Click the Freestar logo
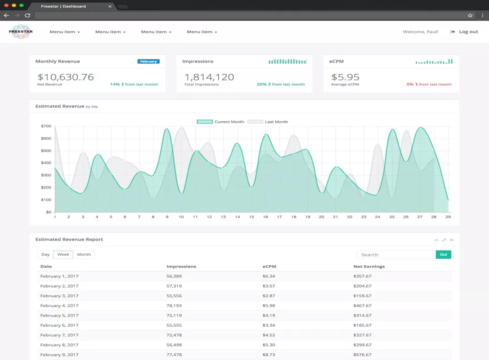pyautogui.click(x=20, y=32)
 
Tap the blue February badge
pyautogui.click(x=148, y=61)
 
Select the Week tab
pyautogui.click(x=63, y=254)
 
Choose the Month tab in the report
pyautogui.click(x=84, y=254)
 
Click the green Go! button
pyautogui.click(x=444, y=255)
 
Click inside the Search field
pyautogui.click(x=397, y=255)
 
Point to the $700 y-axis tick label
pyautogui.click(x=46, y=126)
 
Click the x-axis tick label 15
pyautogui.click(x=251, y=216)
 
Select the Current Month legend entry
pyautogui.click(x=220, y=122)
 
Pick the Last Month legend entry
pyautogui.click(x=268, y=122)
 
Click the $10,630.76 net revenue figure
pyautogui.click(x=65, y=77)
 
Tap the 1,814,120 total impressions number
pyautogui.click(x=209, y=77)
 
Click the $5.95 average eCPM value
pyautogui.click(x=345, y=77)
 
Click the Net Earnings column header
pyautogui.click(x=369, y=267)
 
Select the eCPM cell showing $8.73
pyautogui.click(x=269, y=355)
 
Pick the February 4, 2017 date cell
pyautogui.click(x=59, y=305)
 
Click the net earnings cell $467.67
pyautogui.click(x=362, y=305)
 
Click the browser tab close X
pyautogui.click(x=110, y=6)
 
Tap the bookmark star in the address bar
pyautogui.click(x=470, y=15)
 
